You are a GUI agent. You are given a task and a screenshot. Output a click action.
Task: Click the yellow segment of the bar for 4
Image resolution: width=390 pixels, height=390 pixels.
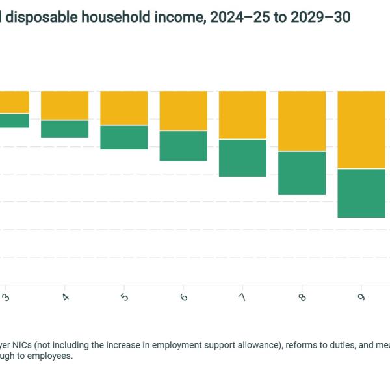(65, 105)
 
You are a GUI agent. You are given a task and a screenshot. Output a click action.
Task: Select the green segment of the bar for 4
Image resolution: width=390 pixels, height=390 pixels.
(65, 129)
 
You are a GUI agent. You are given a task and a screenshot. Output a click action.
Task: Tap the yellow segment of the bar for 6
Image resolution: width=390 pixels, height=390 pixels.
(183, 111)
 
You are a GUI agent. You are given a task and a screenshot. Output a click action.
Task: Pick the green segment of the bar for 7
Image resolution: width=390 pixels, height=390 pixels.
(242, 158)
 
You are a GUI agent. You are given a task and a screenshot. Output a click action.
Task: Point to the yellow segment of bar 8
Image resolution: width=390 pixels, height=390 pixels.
(302, 121)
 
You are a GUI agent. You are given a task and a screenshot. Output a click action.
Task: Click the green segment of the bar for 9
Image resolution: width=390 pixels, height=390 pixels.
(361, 193)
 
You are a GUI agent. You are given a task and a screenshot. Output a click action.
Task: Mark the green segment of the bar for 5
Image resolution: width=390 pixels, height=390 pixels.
(124, 137)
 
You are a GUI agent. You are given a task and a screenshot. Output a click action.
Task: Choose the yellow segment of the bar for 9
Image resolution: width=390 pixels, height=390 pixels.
(361, 130)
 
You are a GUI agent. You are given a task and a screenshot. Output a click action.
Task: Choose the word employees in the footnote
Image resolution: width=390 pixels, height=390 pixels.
(49, 356)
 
